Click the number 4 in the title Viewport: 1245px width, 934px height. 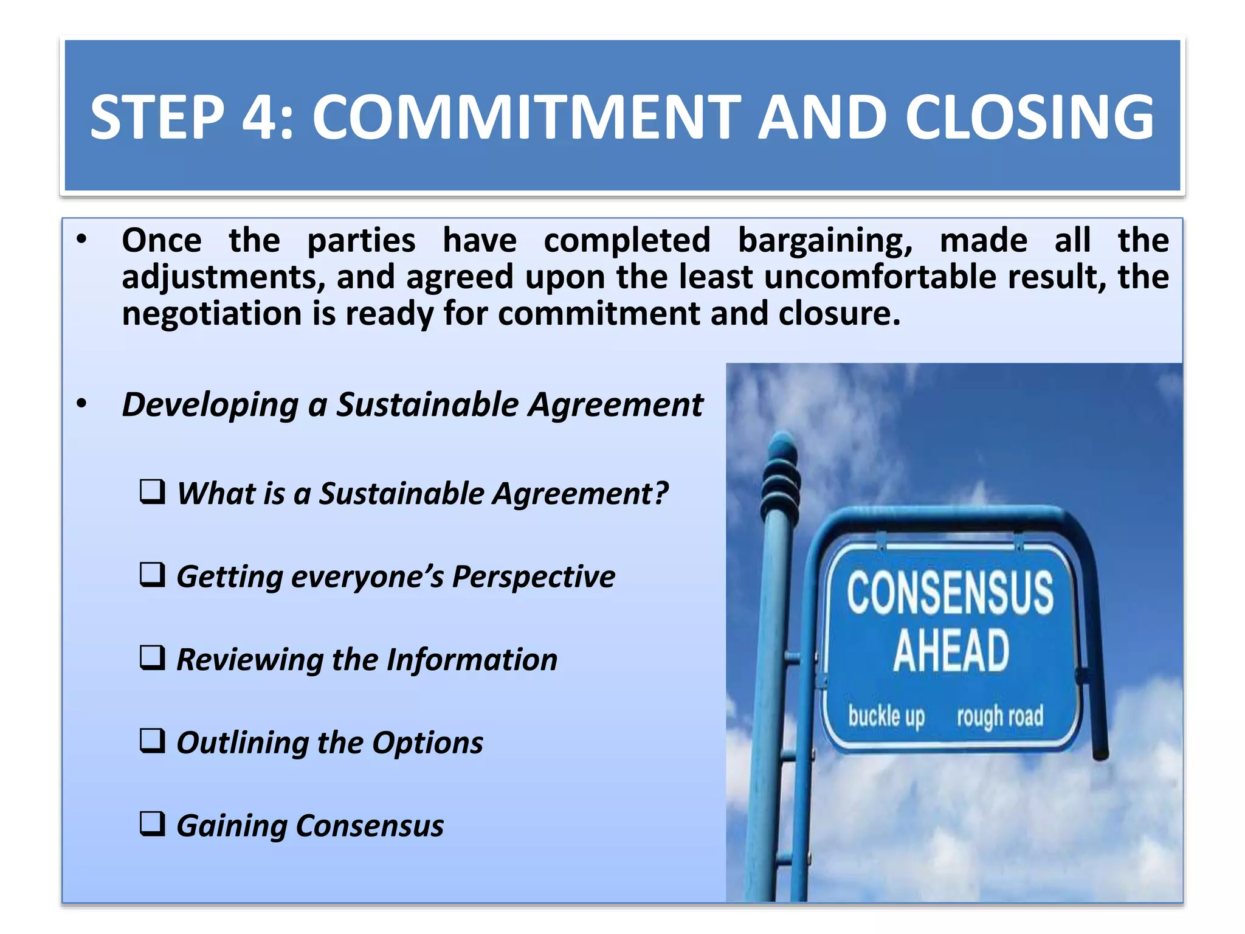(x=260, y=117)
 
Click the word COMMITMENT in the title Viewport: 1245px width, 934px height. (x=526, y=117)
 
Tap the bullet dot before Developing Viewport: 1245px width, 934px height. (x=82, y=404)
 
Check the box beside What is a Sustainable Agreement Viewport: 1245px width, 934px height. (x=152, y=491)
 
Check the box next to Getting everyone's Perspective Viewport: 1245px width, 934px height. (x=152, y=575)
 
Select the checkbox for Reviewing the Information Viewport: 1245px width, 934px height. (x=152, y=658)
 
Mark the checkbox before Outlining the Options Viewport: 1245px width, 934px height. (x=152, y=741)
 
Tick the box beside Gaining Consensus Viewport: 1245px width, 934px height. (x=152, y=824)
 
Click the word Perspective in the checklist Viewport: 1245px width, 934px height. (x=533, y=576)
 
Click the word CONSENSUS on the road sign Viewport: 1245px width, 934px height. (x=950, y=592)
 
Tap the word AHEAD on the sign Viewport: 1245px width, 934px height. (x=951, y=651)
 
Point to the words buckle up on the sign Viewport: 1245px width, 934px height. (x=886, y=716)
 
